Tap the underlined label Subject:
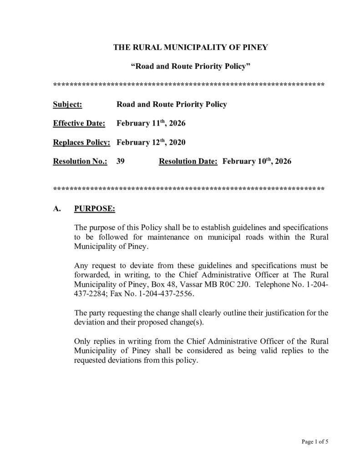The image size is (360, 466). [x=67, y=104]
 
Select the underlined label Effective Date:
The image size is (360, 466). [x=79, y=123]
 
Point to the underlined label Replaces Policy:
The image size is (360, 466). [x=82, y=142]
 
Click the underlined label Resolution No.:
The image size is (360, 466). [x=80, y=162]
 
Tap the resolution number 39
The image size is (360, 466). [x=121, y=162]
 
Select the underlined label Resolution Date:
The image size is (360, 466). [x=188, y=162]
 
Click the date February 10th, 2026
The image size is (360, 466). [x=257, y=162]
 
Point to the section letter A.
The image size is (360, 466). [x=56, y=209]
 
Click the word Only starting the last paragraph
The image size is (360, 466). [x=82, y=341]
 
